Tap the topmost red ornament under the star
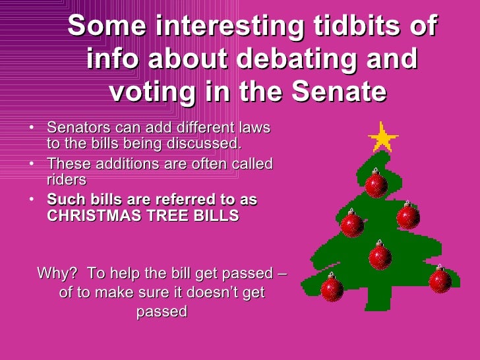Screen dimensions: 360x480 pos(376,183)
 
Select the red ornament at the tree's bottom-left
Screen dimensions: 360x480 pos(332,287)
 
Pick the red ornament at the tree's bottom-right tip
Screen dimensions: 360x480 pos(440,280)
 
